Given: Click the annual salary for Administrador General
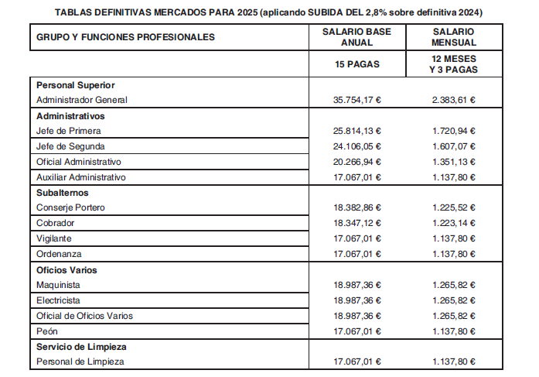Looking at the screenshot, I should [x=357, y=100].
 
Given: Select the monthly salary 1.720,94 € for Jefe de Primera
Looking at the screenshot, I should [x=454, y=131].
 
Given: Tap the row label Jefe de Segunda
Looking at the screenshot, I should [x=70, y=146].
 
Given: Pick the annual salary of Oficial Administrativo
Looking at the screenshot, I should [x=357, y=162].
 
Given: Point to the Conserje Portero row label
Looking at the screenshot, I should [x=70, y=207].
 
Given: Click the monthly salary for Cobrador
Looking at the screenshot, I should [x=454, y=223].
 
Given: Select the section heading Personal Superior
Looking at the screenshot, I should [x=75, y=85].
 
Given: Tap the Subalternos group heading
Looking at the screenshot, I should [x=63, y=193].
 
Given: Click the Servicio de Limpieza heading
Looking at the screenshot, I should [x=81, y=346].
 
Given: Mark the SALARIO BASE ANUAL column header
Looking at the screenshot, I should [x=357, y=36].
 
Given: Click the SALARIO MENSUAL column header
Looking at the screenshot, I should [x=454, y=36].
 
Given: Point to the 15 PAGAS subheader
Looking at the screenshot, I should [x=357, y=64].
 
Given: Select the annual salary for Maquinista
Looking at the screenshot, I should [x=357, y=285].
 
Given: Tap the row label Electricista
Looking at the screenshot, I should [x=59, y=300].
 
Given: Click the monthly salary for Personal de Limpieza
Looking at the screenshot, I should [x=454, y=362].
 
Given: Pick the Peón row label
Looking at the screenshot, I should [x=48, y=331].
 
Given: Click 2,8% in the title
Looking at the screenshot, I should [x=364, y=12].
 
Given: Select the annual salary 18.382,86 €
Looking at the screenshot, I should [x=357, y=207].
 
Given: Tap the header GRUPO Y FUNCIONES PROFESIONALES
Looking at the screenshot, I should [x=125, y=37].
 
